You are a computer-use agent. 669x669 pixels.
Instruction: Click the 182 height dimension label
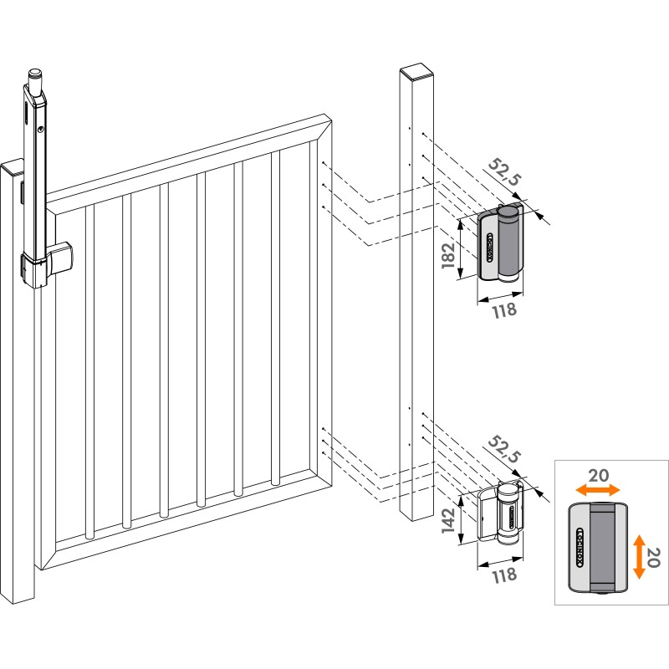[448, 255]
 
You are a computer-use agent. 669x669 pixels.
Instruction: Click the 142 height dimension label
[448, 520]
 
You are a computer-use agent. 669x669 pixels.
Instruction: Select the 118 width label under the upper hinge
[505, 310]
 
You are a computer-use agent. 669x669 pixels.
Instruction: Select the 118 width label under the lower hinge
[505, 575]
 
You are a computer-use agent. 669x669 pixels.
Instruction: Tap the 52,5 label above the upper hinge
[505, 171]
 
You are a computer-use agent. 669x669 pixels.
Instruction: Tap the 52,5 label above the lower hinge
[505, 449]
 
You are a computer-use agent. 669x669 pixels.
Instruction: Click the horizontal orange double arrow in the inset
[597, 490]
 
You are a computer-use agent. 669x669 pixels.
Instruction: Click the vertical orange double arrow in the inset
[639, 556]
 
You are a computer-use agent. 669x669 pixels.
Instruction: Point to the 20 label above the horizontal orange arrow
[599, 475]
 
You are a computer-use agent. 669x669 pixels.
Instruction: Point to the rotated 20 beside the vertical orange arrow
[653, 557]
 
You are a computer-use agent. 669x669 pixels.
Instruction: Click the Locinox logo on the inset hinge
[580, 548]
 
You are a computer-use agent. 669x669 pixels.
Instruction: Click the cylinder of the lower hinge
[509, 514]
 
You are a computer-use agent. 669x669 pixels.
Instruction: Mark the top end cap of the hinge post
[416, 73]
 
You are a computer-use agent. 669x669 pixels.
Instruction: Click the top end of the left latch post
[12, 168]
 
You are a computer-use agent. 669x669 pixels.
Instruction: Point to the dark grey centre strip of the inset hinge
[601, 549]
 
